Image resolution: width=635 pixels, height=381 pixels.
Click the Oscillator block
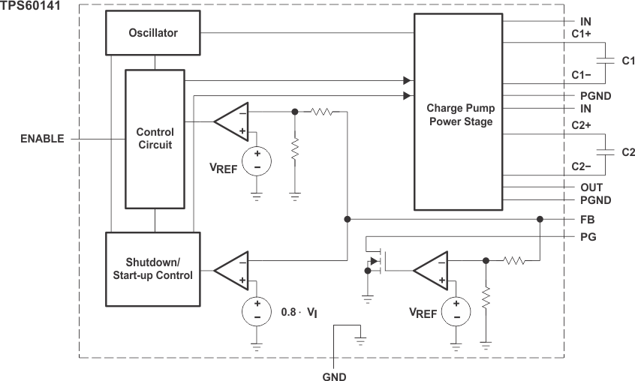point(153,33)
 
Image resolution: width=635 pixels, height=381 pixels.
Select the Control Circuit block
point(155,139)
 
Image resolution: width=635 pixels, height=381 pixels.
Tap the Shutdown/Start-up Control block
point(153,269)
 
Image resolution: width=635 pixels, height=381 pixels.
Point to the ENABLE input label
point(42,139)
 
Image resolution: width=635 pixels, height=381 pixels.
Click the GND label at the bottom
point(333,376)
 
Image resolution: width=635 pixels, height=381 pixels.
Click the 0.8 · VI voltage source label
point(301,310)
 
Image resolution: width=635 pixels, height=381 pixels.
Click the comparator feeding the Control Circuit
point(230,121)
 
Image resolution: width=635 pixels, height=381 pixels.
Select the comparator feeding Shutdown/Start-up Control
point(230,271)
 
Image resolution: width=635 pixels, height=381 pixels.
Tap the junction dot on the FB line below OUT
point(540,220)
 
